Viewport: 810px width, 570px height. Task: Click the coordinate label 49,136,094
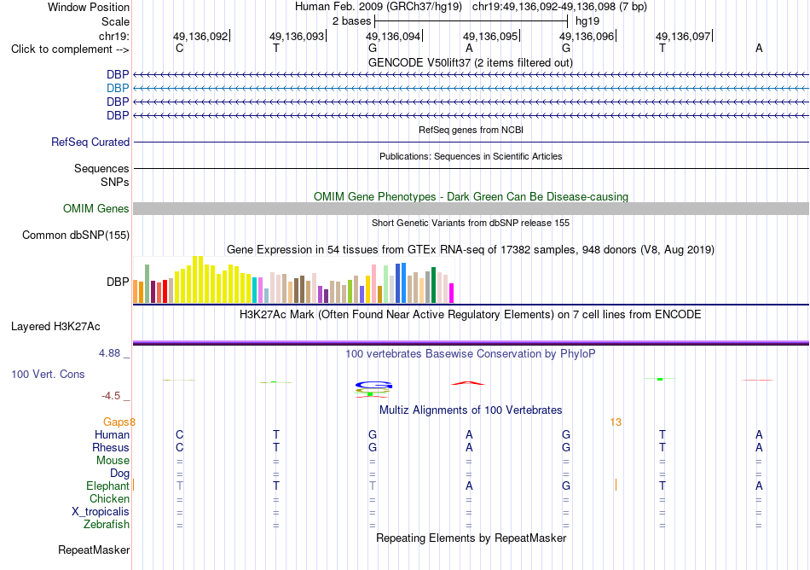pos(393,36)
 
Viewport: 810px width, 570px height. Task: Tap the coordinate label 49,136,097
pos(683,36)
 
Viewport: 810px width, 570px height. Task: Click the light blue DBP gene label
pos(118,89)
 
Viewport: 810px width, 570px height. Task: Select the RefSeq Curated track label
pos(90,142)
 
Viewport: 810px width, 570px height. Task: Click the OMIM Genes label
pos(96,209)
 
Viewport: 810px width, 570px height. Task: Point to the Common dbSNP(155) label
pos(76,236)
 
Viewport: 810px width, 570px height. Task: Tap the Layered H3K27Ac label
pos(55,327)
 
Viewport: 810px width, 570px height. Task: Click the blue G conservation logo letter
pos(373,385)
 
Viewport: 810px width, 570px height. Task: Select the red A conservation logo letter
pos(468,383)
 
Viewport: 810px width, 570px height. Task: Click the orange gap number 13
pos(616,422)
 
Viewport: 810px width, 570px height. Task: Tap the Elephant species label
pos(107,486)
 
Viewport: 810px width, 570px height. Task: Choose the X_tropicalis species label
pos(101,512)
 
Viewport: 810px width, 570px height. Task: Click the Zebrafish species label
pos(107,525)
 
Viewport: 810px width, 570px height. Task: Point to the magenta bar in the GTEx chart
pos(452,293)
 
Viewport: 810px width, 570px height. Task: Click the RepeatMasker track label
pos(94,550)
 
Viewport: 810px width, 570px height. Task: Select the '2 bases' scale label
pos(352,21)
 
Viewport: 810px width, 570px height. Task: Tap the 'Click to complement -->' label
pos(70,49)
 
